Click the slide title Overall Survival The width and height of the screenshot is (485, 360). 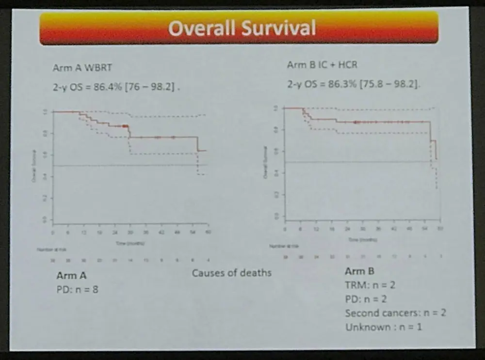[242, 28]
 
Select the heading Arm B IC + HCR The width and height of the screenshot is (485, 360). [322, 65]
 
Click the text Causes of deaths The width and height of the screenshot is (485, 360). [231, 272]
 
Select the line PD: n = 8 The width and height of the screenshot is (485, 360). [78, 291]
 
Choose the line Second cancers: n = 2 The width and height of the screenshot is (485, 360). [395, 313]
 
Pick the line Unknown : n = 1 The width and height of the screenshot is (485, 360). [384, 327]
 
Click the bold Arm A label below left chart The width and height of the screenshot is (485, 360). [71, 276]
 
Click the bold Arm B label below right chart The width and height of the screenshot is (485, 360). [359, 271]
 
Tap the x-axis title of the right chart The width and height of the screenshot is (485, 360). [363, 239]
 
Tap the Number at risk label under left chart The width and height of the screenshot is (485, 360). [49, 249]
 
